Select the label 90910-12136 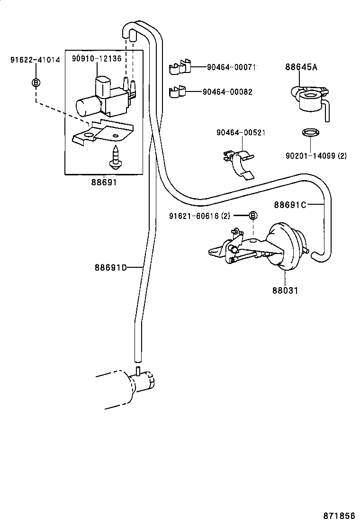coord(97,58)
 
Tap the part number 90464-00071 coord(232,67)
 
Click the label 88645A coord(301,67)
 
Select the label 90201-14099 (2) coord(316,155)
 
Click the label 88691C coord(290,205)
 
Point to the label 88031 coord(285,290)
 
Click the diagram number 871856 coord(340,515)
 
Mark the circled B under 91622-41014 coord(36,83)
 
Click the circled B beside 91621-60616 coord(253,216)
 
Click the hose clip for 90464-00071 coord(180,67)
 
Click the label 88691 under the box coord(104,182)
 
